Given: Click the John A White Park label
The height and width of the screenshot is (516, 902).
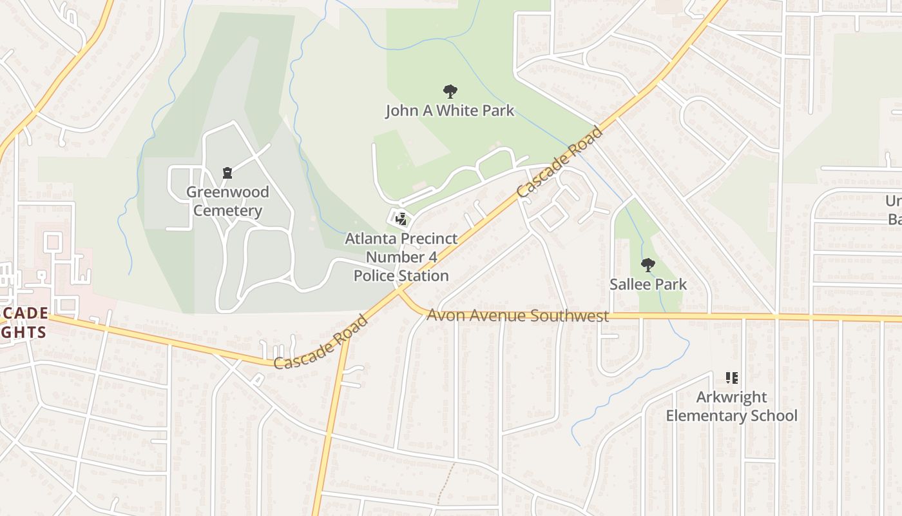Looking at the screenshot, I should pos(450,111).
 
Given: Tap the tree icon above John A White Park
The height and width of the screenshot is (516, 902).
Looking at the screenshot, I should pos(450,92).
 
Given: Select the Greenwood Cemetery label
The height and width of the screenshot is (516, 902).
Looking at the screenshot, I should pos(227,201).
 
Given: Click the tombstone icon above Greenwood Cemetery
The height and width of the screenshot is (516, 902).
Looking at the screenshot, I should pos(227,173).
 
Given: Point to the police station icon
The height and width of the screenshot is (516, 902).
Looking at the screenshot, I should pos(401,219).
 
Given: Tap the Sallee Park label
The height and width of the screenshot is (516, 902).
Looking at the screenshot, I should pos(648,284).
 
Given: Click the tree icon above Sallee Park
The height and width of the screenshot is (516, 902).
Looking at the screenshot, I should pos(648,264).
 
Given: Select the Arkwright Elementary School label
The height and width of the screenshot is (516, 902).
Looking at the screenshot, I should pos(731,406).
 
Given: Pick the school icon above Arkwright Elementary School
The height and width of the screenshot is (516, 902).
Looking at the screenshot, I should pos(731,377).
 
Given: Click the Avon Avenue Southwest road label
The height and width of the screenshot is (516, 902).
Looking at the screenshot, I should pos(517,316).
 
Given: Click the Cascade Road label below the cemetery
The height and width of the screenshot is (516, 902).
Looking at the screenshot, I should pos(320,342).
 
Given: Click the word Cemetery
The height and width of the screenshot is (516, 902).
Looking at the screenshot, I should pos(227,211).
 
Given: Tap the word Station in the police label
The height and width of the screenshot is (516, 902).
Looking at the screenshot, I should pos(423,276).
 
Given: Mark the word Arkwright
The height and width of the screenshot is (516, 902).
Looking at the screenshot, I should pos(731,397).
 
